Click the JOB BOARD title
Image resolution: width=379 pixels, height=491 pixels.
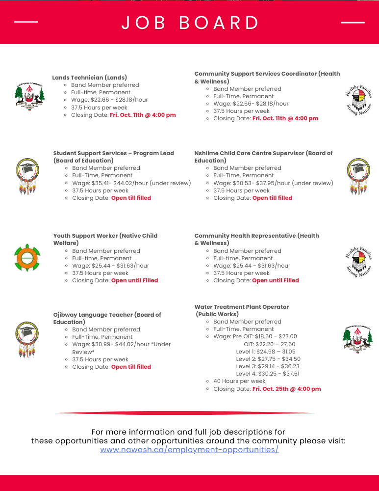click(x=190, y=23)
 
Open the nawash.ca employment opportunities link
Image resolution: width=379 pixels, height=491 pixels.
click(x=189, y=449)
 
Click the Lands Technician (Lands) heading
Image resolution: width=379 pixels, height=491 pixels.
click(x=90, y=78)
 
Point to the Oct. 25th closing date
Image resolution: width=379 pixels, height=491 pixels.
click(x=286, y=389)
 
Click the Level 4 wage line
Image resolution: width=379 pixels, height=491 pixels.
click(x=268, y=374)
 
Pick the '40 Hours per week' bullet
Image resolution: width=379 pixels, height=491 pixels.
click(x=239, y=381)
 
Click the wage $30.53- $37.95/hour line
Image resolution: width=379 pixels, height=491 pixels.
click(x=273, y=183)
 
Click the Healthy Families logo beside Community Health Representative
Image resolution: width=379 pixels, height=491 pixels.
click(x=359, y=262)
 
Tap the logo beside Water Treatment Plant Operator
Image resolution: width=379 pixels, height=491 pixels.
click(x=357, y=337)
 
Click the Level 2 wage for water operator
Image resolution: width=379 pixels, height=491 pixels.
click(x=268, y=359)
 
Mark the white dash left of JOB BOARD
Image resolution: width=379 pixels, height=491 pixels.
click(x=26, y=22)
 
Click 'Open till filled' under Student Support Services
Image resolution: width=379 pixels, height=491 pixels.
click(x=131, y=198)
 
